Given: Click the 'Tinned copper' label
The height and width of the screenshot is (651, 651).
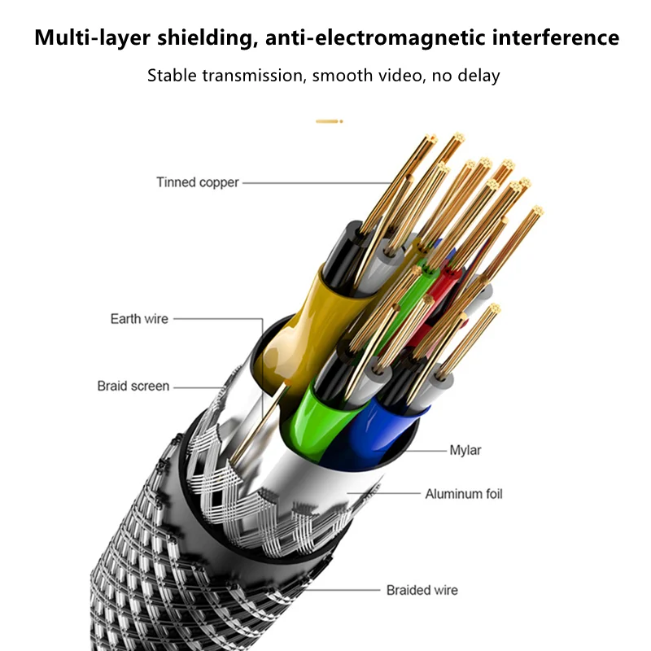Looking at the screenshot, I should coord(198,182).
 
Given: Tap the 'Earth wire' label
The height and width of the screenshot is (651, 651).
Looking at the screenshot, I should coord(139,318).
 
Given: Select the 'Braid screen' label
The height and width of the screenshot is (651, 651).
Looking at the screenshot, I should coord(133,386).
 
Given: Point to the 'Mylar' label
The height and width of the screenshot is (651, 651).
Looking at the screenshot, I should coord(466,449).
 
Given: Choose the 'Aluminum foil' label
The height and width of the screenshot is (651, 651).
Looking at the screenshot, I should coord(465,494).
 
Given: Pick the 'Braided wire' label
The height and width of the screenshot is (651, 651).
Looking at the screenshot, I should coord(422,590).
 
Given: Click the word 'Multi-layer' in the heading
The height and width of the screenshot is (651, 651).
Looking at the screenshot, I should coord(90,37).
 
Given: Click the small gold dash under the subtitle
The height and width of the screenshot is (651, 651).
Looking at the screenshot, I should coord(328,121).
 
